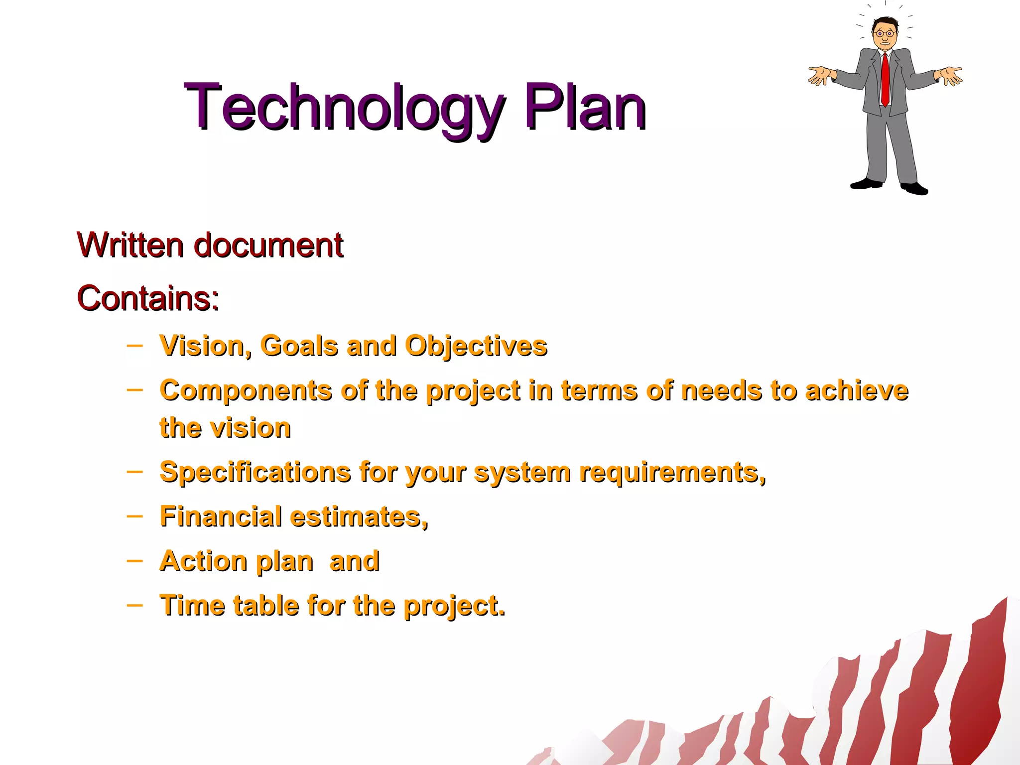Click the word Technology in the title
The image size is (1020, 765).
coord(344,107)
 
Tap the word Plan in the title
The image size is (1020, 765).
coord(585,107)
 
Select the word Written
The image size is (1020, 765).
coord(130,245)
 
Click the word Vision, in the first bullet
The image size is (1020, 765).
coord(205,346)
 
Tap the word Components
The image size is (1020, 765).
coord(246,390)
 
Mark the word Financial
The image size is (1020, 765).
coord(221,516)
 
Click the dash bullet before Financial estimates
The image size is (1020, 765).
coord(134,516)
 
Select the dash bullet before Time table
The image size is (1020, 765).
coord(134,605)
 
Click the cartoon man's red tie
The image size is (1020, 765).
coord(885,80)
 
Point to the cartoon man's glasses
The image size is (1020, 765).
coord(885,34)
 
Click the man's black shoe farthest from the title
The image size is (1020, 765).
coord(915,189)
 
